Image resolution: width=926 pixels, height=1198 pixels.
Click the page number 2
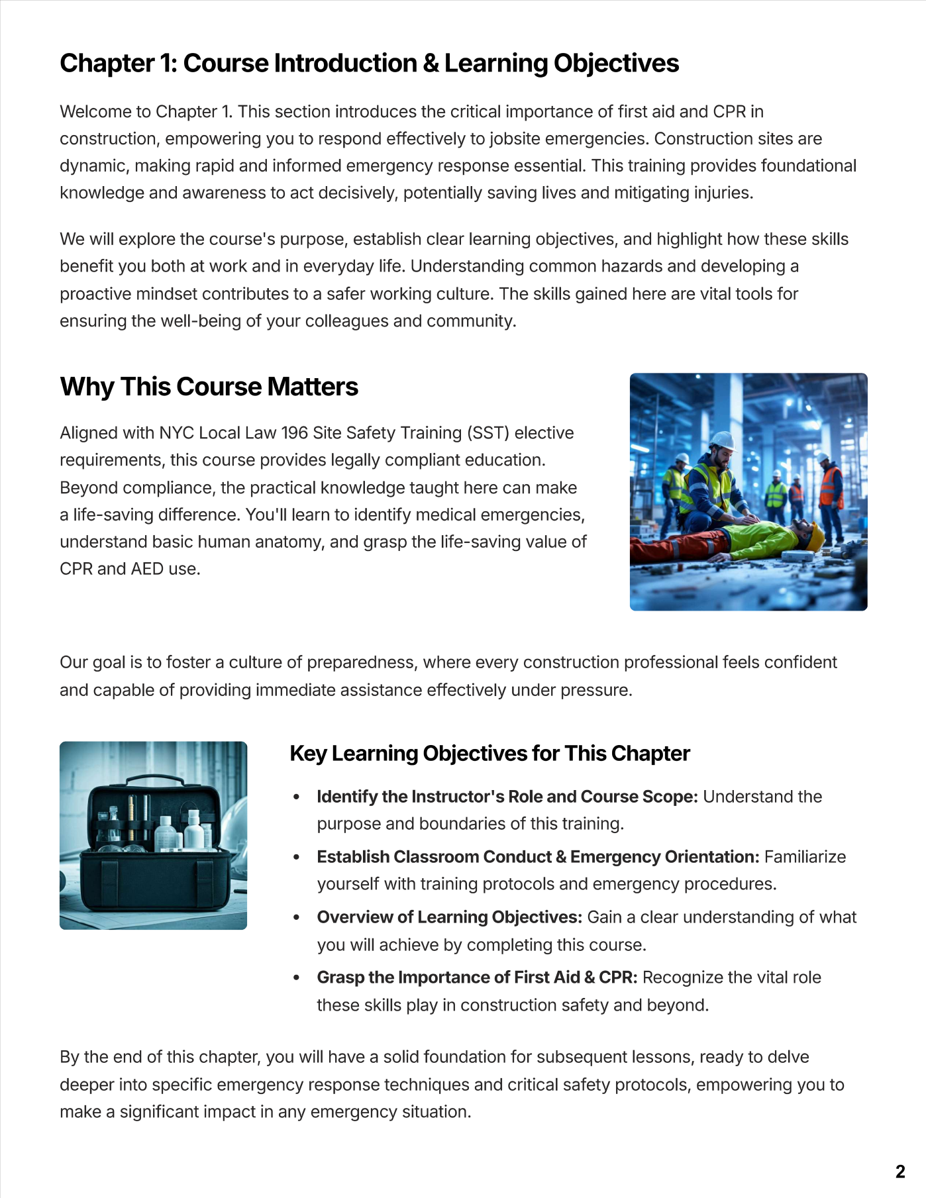pyautogui.click(x=900, y=1171)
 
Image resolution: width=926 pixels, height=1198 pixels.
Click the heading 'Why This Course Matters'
pyautogui.click(x=209, y=387)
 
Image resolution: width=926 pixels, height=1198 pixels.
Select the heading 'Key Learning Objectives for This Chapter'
pyautogui.click(x=489, y=754)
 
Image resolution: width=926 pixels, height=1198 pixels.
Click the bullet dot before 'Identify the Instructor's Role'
pyautogui.click(x=297, y=797)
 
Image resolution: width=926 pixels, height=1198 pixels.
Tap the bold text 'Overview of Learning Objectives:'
pyautogui.click(x=449, y=917)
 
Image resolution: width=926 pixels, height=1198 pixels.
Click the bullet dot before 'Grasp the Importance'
pyautogui.click(x=297, y=978)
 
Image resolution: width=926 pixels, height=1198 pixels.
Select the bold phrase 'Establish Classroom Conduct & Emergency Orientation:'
pyautogui.click(x=538, y=857)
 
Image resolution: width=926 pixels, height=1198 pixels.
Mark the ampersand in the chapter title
pyautogui.click(x=430, y=64)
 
